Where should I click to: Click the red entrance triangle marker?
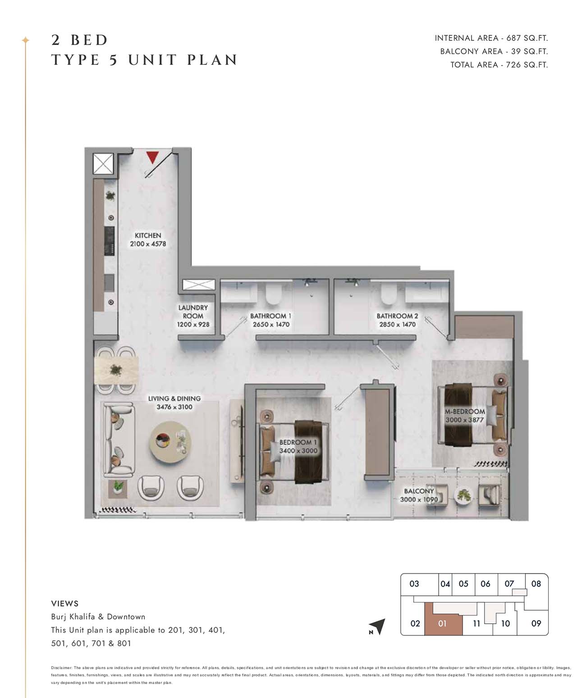152,157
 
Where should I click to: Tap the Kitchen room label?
148,236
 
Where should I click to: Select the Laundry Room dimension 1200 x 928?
193,324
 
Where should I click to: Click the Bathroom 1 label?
270,316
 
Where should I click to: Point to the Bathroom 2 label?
397,316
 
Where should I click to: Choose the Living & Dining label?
174,399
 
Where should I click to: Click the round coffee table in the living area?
170,442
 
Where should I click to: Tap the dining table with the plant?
116,371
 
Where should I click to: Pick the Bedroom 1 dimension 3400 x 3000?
298,451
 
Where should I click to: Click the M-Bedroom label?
464,412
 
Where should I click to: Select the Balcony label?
419,491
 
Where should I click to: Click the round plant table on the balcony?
463,495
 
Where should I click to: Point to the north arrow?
378,626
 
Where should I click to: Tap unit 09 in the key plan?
536,623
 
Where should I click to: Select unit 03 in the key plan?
414,584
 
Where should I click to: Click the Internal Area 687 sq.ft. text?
491,38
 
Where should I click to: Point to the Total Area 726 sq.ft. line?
499,65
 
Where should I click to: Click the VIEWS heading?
65,603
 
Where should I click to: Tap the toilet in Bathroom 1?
274,293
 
